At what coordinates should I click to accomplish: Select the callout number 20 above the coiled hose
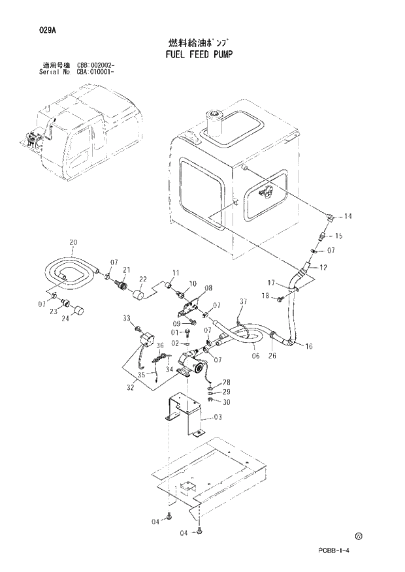pos(73,244)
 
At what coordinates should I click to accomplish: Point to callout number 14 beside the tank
pos(348,216)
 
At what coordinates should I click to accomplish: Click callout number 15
pos(338,236)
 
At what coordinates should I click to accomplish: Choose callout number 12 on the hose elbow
pos(323,267)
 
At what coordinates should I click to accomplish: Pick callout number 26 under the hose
pos(272,356)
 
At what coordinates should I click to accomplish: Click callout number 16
pos(308,347)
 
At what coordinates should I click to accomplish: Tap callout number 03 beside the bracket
pos(218,417)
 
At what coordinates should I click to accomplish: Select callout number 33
pos(128,318)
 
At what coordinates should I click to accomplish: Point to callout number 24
pos(66,319)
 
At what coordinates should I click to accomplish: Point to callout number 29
pos(226,392)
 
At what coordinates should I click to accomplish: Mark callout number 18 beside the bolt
pos(266,296)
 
